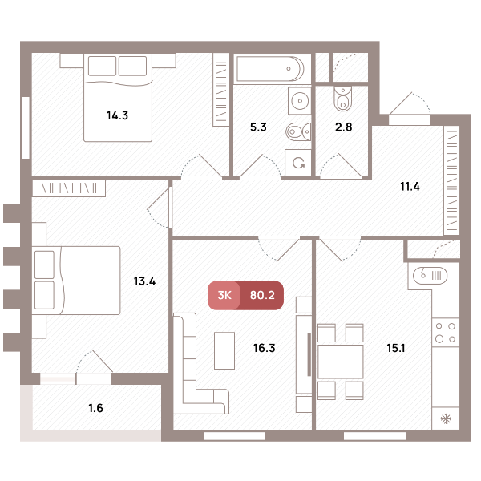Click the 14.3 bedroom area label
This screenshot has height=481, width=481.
[x=117, y=115]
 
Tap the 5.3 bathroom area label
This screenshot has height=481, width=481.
[x=258, y=127]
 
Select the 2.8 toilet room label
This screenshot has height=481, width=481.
[x=344, y=127]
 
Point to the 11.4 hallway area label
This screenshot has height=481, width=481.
[x=410, y=186]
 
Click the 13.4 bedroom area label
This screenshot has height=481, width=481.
[x=144, y=281]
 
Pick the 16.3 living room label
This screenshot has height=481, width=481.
[x=264, y=348]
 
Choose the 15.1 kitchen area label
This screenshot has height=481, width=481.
[x=396, y=348]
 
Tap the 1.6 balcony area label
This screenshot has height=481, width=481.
[x=95, y=408]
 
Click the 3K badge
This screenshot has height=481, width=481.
[x=224, y=295]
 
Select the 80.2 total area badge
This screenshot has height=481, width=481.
[x=262, y=295]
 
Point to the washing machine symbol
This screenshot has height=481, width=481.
[x=298, y=163]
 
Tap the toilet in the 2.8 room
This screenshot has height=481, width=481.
[x=343, y=98]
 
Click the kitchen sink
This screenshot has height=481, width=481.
[x=430, y=275]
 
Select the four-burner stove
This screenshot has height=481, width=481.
[x=446, y=333]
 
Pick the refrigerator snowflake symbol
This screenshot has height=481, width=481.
[x=446, y=418]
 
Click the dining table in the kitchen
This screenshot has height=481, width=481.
[x=341, y=362]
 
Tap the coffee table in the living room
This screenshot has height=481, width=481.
[x=224, y=350]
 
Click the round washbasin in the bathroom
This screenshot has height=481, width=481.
[x=300, y=101]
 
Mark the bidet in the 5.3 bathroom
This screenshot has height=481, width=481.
[x=298, y=132]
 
